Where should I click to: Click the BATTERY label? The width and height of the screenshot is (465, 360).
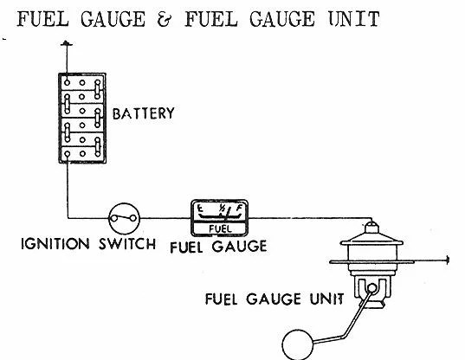click(x=143, y=113)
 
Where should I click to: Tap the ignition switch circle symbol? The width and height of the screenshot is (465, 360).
click(x=124, y=219)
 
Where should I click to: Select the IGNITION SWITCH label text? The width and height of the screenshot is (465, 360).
click(x=88, y=244)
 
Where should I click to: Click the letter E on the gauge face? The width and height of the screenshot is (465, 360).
click(x=201, y=209)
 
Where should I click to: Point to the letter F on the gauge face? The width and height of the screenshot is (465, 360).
click(x=239, y=209)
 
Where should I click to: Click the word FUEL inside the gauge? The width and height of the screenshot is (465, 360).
click(x=220, y=228)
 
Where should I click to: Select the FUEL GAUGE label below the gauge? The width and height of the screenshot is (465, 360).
click(x=218, y=247)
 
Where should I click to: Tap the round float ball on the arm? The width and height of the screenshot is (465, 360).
click(x=298, y=344)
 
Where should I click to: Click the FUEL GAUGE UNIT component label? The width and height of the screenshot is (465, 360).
click(x=274, y=299)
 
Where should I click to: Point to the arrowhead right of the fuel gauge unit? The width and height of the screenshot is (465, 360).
click(x=447, y=260)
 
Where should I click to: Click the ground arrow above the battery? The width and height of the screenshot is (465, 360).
click(x=67, y=44)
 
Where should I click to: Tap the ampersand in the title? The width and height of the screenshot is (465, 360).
click(x=165, y=19)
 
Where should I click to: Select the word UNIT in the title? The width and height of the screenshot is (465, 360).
click(x=354, y=19)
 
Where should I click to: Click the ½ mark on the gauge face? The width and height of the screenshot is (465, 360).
click(x=222, y=208)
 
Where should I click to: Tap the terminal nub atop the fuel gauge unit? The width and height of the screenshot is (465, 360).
click(x=371, y=228)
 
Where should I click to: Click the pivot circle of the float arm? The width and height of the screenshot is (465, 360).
click(x=371, y=287)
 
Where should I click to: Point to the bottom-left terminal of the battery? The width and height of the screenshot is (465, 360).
click(x=68, y=154)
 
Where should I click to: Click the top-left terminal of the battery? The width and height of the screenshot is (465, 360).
click(x=67, y=83)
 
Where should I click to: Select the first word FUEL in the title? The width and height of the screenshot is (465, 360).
click(x=43, y=19)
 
